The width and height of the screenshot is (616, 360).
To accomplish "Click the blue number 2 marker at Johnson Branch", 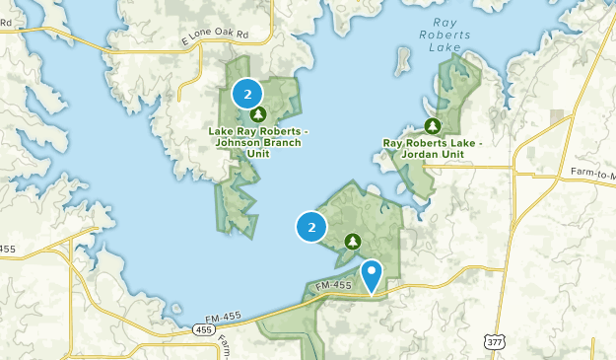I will click(247, 95).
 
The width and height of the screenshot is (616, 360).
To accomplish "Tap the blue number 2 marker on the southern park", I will click(311, 227).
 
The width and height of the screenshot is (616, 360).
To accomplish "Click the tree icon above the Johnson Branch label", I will click(258, 114).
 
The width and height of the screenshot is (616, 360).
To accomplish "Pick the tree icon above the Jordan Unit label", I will click(432, 125).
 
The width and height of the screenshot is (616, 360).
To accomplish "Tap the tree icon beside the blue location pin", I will click(353, 241).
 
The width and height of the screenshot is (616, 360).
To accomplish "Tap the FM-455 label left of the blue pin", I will click(334, 286).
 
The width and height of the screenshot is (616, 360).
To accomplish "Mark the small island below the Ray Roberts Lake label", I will click(402, 61).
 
